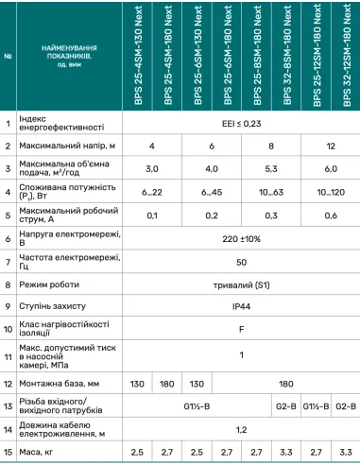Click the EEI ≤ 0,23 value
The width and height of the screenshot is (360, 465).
tap(242, 122)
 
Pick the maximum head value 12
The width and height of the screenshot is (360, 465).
tap(329, 146)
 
